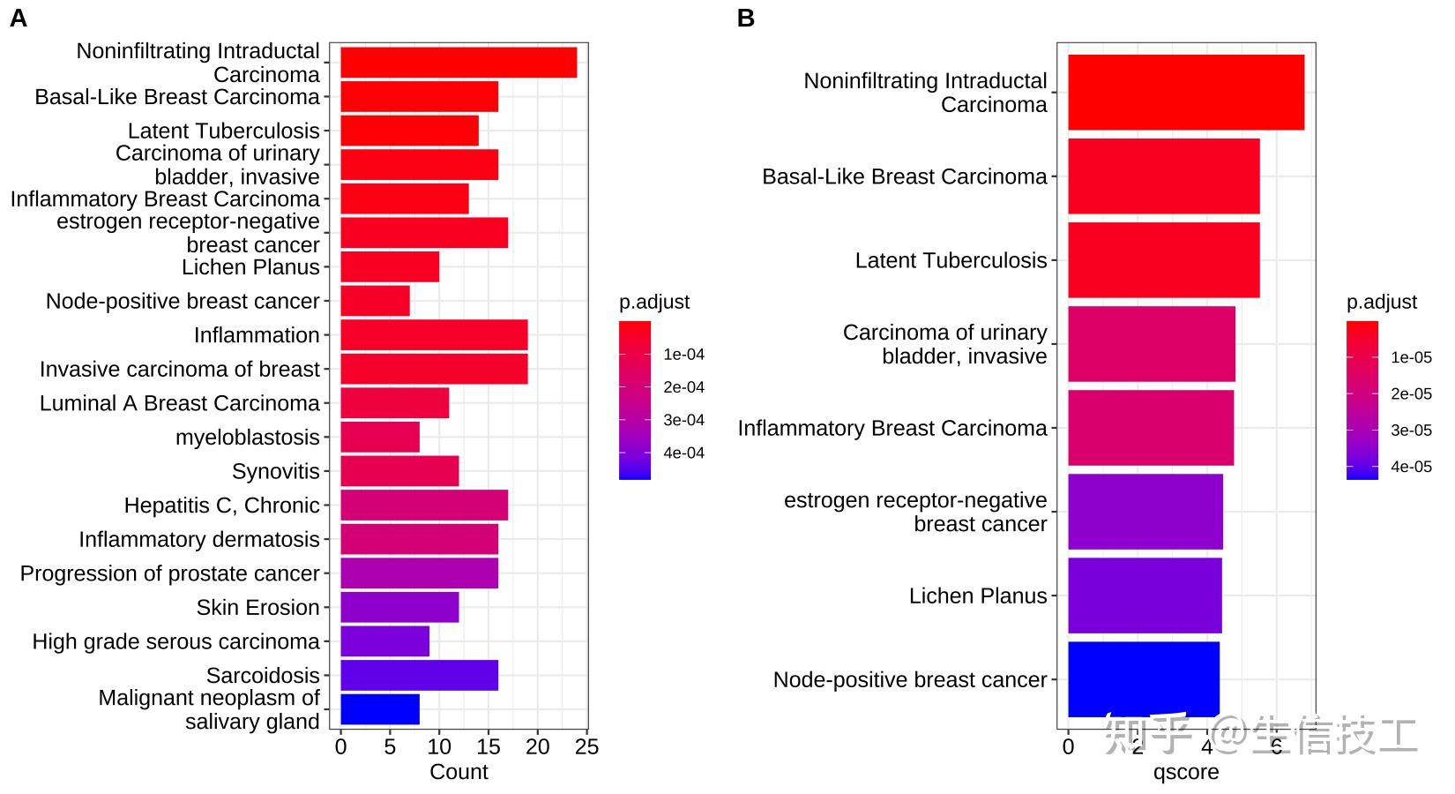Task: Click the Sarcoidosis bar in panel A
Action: [419, 676]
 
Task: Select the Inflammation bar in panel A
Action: [434, 335]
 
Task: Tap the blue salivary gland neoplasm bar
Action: [380, 709]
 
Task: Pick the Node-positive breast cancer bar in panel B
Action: [1143, 679]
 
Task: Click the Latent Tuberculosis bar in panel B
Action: [1163, 260]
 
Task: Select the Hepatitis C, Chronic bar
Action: [424, 506]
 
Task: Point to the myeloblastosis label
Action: [248, 438]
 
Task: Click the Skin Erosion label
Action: [257, 608]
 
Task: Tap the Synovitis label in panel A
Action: [275, 472]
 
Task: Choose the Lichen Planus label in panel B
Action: [978, 596]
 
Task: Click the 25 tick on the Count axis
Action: [586, 747]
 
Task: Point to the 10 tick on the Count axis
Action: [439, 747]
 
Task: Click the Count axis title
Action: [459, 772]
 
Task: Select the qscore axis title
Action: [1186, 772]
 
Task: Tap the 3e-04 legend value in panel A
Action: [683, 421]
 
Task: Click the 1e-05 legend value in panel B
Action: [1411, 357]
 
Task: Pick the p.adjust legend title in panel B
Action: [1381, 302]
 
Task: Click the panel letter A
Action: [18, 19]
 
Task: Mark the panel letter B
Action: [745, 19]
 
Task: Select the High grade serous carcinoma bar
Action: [384, 641]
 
